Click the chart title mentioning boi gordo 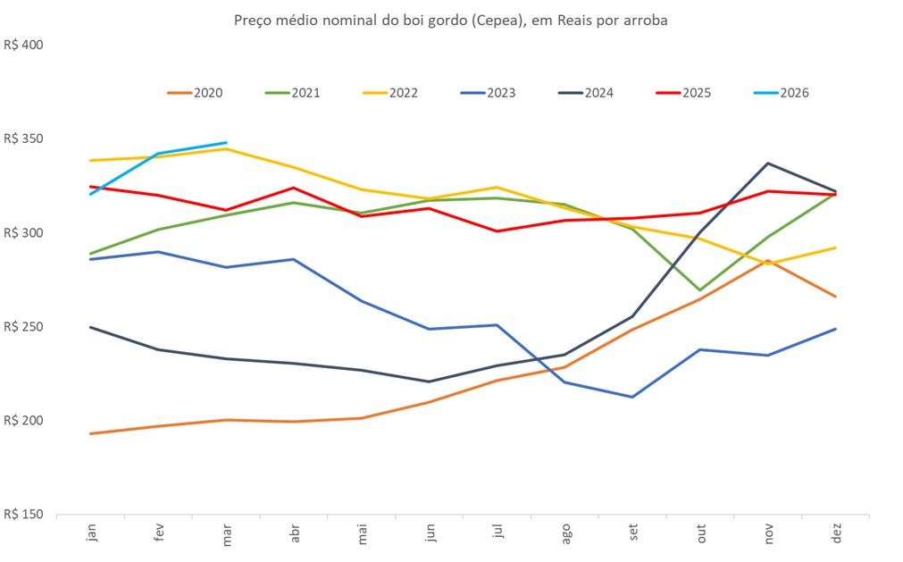click(x=450, y=20)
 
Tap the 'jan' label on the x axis click(x=91, y=533)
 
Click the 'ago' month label click(x=565, y=533)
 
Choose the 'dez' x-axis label click(x=835, y=533)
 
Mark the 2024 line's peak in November click(x=767, y=164)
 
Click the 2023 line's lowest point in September click(x=632, y=397)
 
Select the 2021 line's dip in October click(x=699, y=290)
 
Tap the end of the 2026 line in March click(x=226, y=142)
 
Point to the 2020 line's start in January click(x=91, y=433)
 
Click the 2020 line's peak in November click(x=767, y=261)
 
